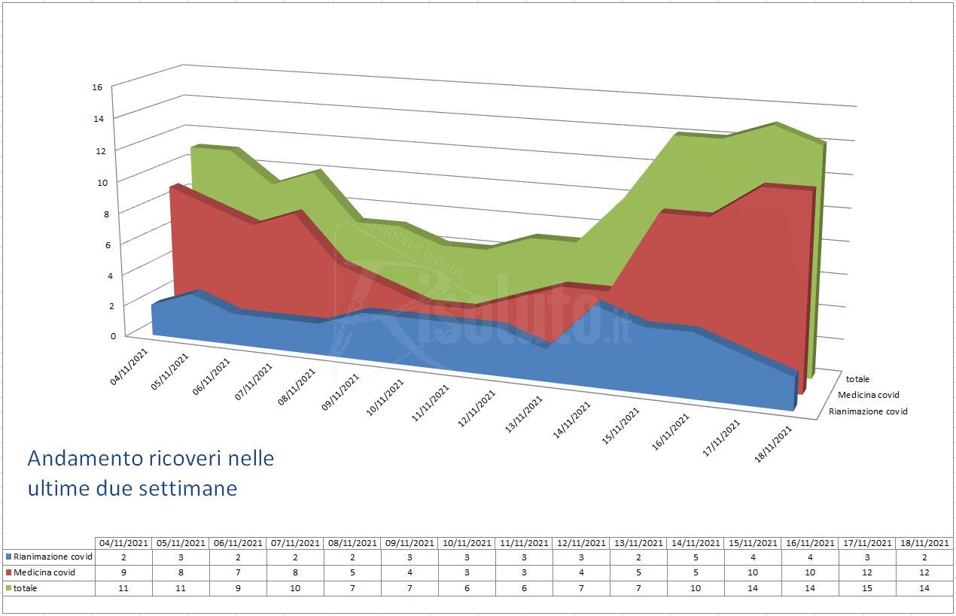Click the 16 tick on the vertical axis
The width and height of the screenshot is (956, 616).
pos(97,87)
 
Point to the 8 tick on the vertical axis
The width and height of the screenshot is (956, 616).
pos(106,214)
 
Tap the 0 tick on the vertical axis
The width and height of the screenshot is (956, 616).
pos(113,336)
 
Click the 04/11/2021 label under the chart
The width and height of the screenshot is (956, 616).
pos(129,366)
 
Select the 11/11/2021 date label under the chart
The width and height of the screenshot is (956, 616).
pos(431,403)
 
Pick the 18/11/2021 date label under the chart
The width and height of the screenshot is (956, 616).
pos(773,445)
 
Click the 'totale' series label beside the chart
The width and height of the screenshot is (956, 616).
pos(857,379)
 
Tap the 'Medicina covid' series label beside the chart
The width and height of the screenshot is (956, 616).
pos(869,395)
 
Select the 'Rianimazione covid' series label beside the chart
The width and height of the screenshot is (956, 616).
pos(868,412)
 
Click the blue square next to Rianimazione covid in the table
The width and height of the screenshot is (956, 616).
pos(8,557)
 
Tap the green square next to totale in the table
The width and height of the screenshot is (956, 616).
pos(8,589)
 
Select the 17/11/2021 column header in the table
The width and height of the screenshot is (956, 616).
pos(867,543)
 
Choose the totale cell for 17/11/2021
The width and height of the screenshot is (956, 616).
pos(867,588)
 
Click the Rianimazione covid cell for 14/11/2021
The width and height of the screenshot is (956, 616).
pos(696,557)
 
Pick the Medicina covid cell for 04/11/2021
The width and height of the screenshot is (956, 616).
pos(123,572)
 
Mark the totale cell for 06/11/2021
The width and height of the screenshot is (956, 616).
pos(238,588)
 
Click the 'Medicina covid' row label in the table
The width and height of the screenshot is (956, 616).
pos(44,572)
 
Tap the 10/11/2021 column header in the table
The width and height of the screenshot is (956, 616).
pos(467,543)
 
